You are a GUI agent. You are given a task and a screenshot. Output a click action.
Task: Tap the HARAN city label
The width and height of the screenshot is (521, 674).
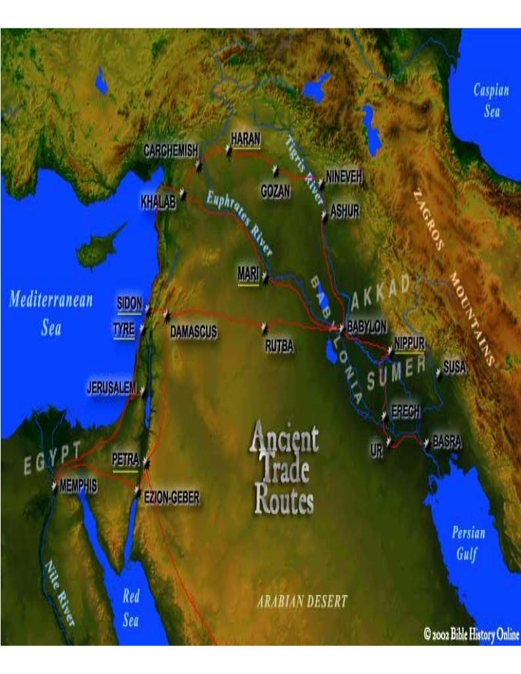pyautogui.click(x=246, y=138)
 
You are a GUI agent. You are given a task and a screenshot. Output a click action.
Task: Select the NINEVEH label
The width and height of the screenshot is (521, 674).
pyautogui.click(x=344, y=176)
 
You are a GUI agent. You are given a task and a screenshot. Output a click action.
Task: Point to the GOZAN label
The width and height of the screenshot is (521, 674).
pyautogui.click(x=275, y=192)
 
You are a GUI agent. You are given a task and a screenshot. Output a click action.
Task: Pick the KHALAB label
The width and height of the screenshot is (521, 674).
pyautogui.click(x=158, y=202)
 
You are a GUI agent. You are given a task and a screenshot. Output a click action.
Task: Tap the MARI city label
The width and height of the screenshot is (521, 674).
pyautogui.click(x=248, y=274)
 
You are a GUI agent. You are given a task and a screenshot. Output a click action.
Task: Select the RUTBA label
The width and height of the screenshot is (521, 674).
pyautogui.click(x=279, y=347)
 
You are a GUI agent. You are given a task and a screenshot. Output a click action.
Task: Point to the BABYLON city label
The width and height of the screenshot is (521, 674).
pyautogui.click(x=367, y=326)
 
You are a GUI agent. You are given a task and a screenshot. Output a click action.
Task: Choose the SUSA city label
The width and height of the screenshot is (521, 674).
pyautogui.click(x=455, y=367)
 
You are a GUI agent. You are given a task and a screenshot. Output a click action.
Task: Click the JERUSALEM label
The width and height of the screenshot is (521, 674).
pyautogui.click(x=112, y=389)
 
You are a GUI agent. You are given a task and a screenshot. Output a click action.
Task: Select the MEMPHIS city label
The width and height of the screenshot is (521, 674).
pyautogui.click(x=79, y=486)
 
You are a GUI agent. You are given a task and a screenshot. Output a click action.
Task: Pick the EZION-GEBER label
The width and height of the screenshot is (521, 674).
pyautogui.click(x=172, y=498)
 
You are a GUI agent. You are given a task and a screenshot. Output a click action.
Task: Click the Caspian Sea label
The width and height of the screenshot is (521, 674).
pyautogui.click(x=487, y=100)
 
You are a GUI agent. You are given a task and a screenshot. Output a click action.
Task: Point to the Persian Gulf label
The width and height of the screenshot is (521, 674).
pyautogui.click(x=469, y=543)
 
